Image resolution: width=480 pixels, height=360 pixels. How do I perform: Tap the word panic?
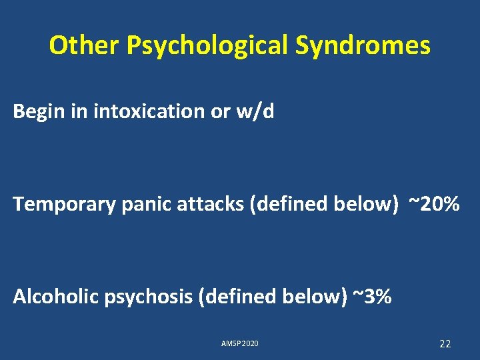pos(143,204)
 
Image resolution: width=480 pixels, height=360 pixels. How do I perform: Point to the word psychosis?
pos(147,297)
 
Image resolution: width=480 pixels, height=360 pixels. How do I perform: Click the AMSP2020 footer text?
pos(239,344)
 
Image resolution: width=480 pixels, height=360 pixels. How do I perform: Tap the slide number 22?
pos(445,344)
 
